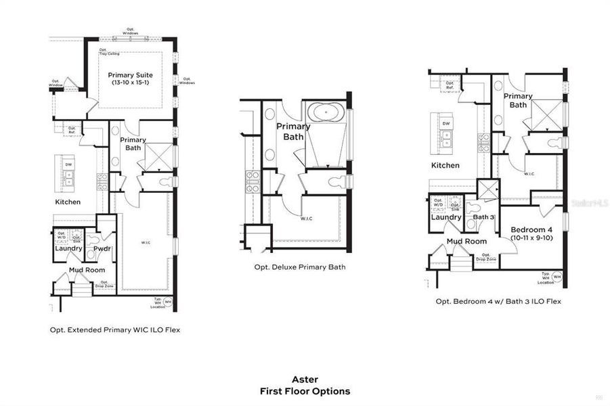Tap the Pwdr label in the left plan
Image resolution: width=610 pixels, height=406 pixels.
click(x=102, y=248)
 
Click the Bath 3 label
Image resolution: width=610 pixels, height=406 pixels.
click(x=484, y=217)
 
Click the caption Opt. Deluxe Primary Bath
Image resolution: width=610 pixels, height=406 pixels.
click(x=300, y=267)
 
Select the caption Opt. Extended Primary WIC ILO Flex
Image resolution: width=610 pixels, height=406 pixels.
click(x=114, y=330)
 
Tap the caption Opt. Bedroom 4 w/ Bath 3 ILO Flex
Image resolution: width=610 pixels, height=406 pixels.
click(x=498, y=301)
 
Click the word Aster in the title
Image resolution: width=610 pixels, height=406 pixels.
click(x=305, y=380)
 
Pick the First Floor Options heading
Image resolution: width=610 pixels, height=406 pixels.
click(x=305, y=391)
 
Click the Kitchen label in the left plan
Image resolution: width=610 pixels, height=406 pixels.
click(x=68, y=202)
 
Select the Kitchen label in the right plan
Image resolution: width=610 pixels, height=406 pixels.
click(x=445, y=165)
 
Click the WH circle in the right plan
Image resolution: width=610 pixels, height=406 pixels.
click(x=557, y=277)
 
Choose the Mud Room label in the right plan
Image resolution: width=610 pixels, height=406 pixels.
click(x=466, y=241)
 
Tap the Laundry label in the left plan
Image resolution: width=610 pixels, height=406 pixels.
click(x=68, y=248)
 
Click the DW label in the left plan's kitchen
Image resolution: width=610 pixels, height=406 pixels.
click(x=68, y=164)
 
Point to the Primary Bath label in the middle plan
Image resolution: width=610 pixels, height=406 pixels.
click(x=293, y=131)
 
